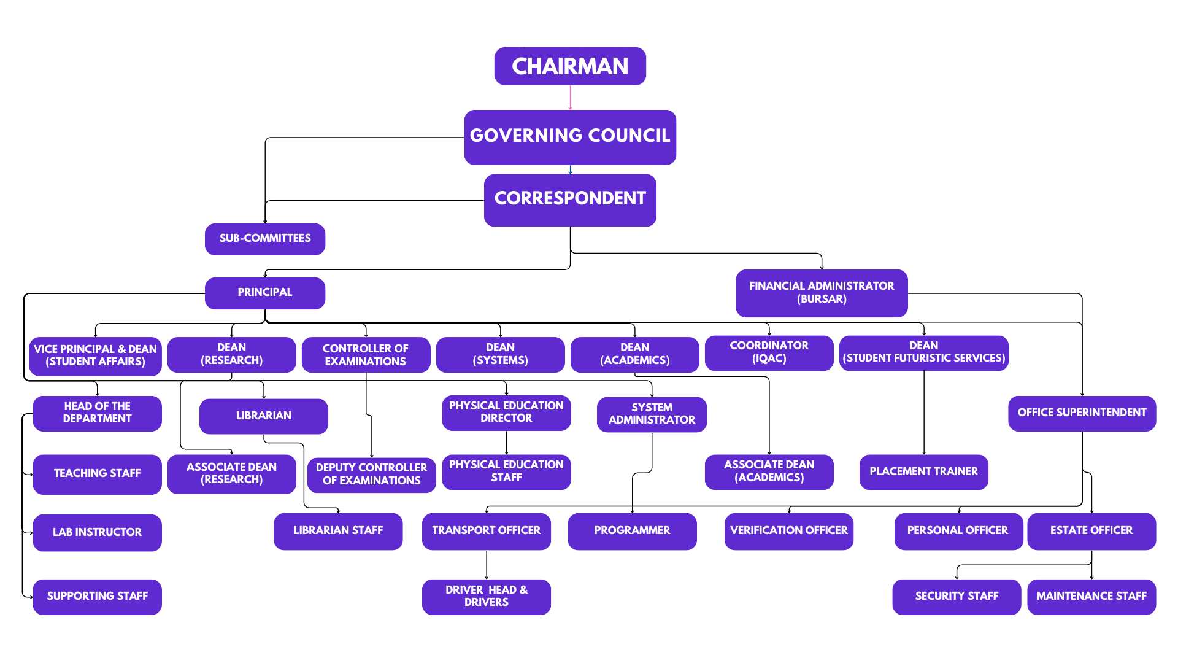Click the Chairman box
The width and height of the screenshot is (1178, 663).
coord(570,66)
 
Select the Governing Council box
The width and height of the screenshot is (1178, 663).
coord(570,137)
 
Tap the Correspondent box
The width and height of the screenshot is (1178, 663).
coord(570,200)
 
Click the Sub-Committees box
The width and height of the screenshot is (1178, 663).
coord(265,239)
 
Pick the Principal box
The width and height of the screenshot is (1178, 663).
coord(265,293)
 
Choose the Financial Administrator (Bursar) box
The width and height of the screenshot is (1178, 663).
coord(822,293)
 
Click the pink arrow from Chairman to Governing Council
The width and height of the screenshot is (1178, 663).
coord(571,98)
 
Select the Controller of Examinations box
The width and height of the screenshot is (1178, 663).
coord(366,355)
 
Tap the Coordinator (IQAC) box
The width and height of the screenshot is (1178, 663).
coord(769,352)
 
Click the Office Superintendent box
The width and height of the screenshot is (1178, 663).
coord(1082,413)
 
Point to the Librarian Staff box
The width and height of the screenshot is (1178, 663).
coord(338,531)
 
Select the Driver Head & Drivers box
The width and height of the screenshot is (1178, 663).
coord(486,597)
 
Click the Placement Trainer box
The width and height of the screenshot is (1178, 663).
coord(923,472)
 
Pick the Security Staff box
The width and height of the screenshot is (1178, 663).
coord(957,597)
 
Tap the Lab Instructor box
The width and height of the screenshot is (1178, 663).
coord(97,532)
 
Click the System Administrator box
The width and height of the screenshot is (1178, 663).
coord(652,414)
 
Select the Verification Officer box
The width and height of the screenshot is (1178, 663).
coord(788,531)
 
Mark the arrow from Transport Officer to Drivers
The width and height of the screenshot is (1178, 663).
coord(487,565)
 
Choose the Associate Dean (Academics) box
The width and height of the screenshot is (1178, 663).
coord(769,471)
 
